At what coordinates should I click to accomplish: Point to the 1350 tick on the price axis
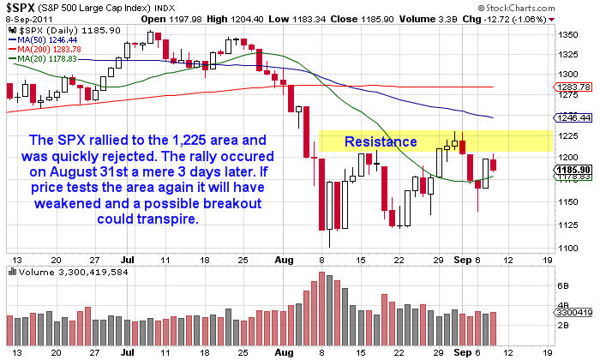coord(567,35)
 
